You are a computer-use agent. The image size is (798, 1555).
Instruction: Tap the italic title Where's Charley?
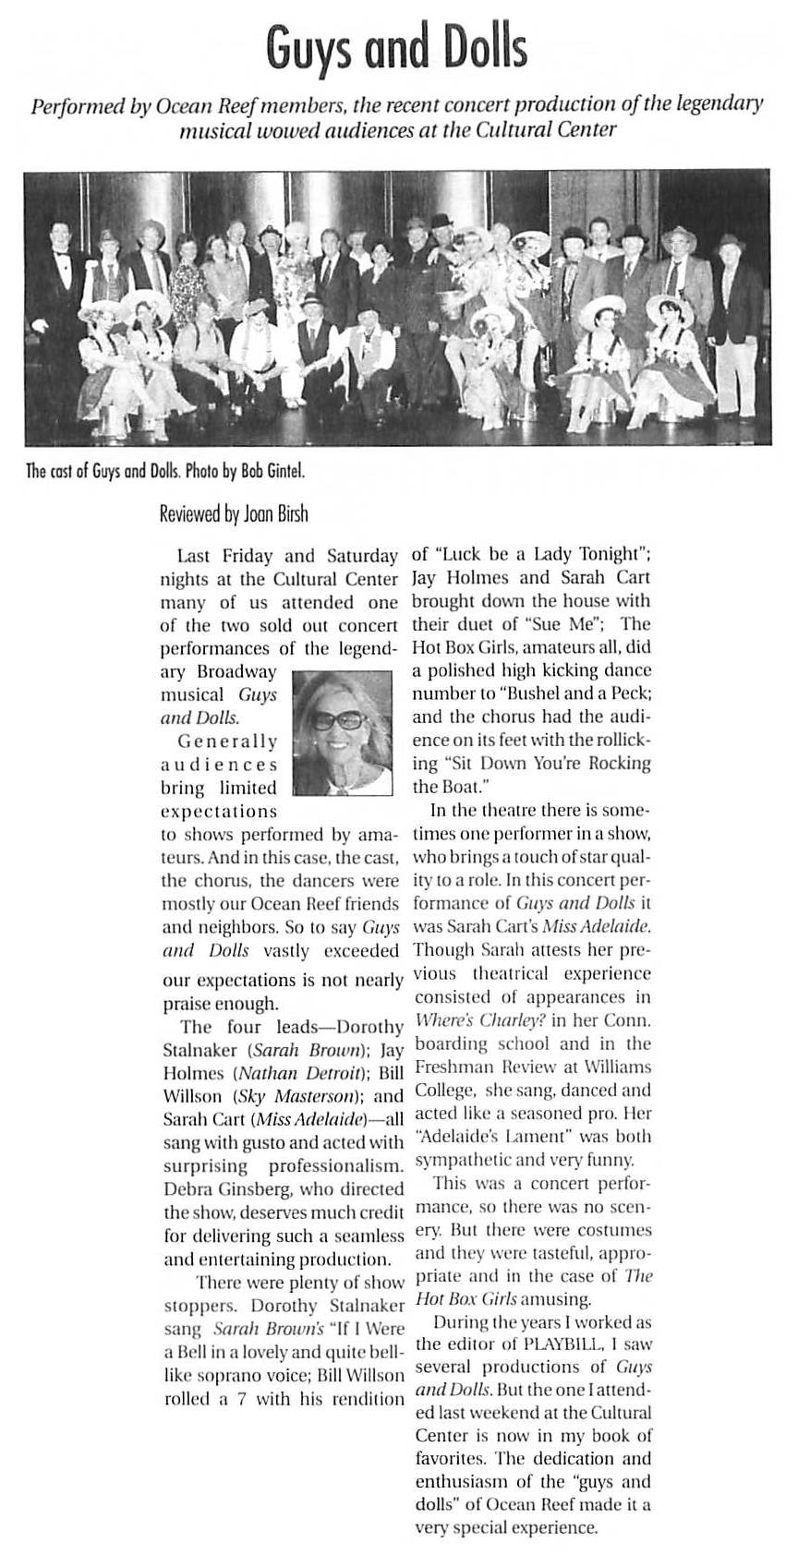pos(470,1020)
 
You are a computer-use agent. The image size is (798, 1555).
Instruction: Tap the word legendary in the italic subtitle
pos(714,102)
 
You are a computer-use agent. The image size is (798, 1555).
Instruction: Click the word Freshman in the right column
pos(454,1067)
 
